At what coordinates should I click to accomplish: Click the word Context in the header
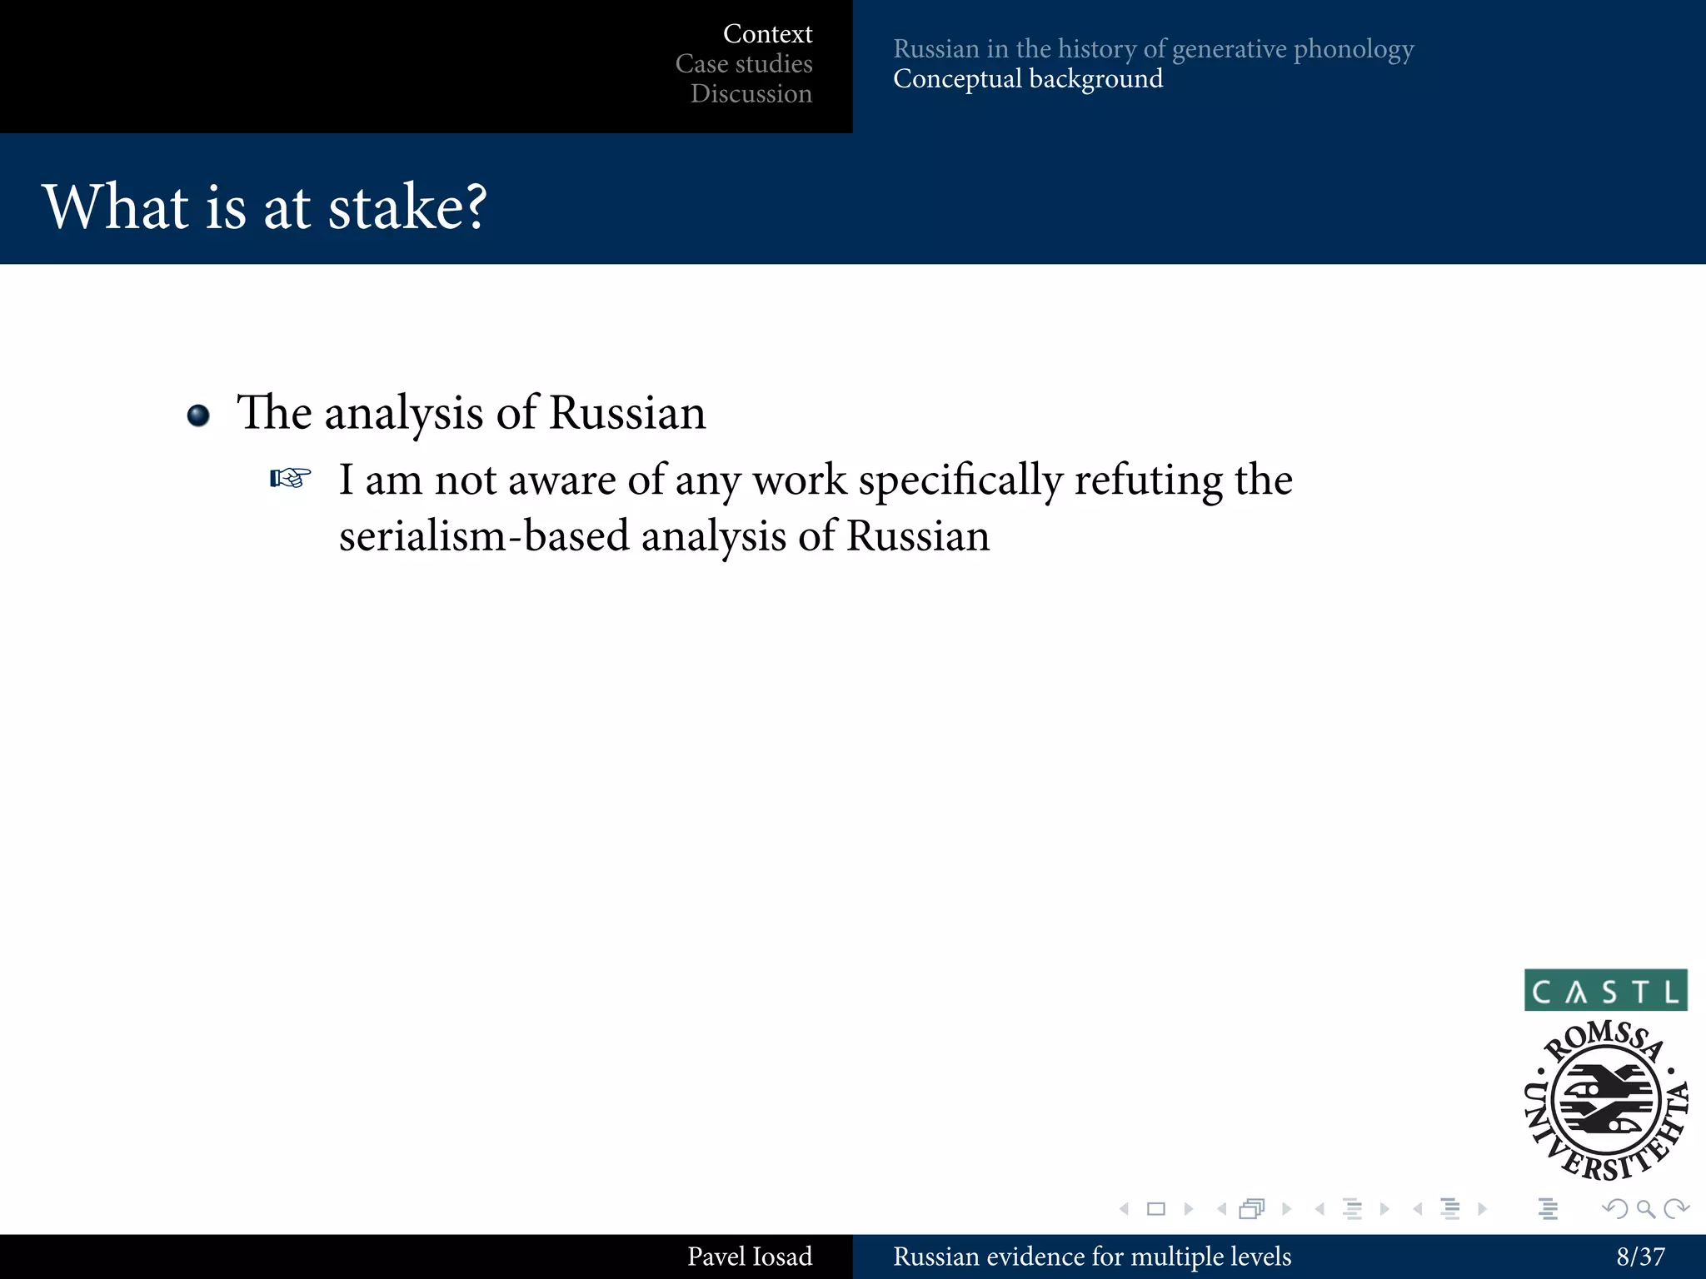click(x=767, y=34)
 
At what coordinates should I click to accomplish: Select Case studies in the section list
click(x=744, y=64)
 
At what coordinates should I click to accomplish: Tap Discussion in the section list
click(x=751, y=94)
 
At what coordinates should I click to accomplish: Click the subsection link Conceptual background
click(x=1028, y=79)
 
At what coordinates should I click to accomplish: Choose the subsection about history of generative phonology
click(x=1153, y=49)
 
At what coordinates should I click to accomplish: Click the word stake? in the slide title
click(x=407, y=207)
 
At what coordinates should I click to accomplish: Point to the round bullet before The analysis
click(x=198, y=415)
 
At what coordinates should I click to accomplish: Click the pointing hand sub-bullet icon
click(x=291, y=479)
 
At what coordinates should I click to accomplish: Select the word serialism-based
click(x=483, y=536)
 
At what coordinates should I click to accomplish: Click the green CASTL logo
click(x=1605, y=991)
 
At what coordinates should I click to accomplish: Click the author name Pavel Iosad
click(x=749, y=1257)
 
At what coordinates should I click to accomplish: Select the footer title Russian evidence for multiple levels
click(x=1091, y=1257)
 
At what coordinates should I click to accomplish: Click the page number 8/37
click(x=1640, y=1257)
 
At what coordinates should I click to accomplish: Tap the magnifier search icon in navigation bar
click(x=1645, y=1209)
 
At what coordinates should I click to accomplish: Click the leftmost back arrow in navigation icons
click(x=1125, y=1209)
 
